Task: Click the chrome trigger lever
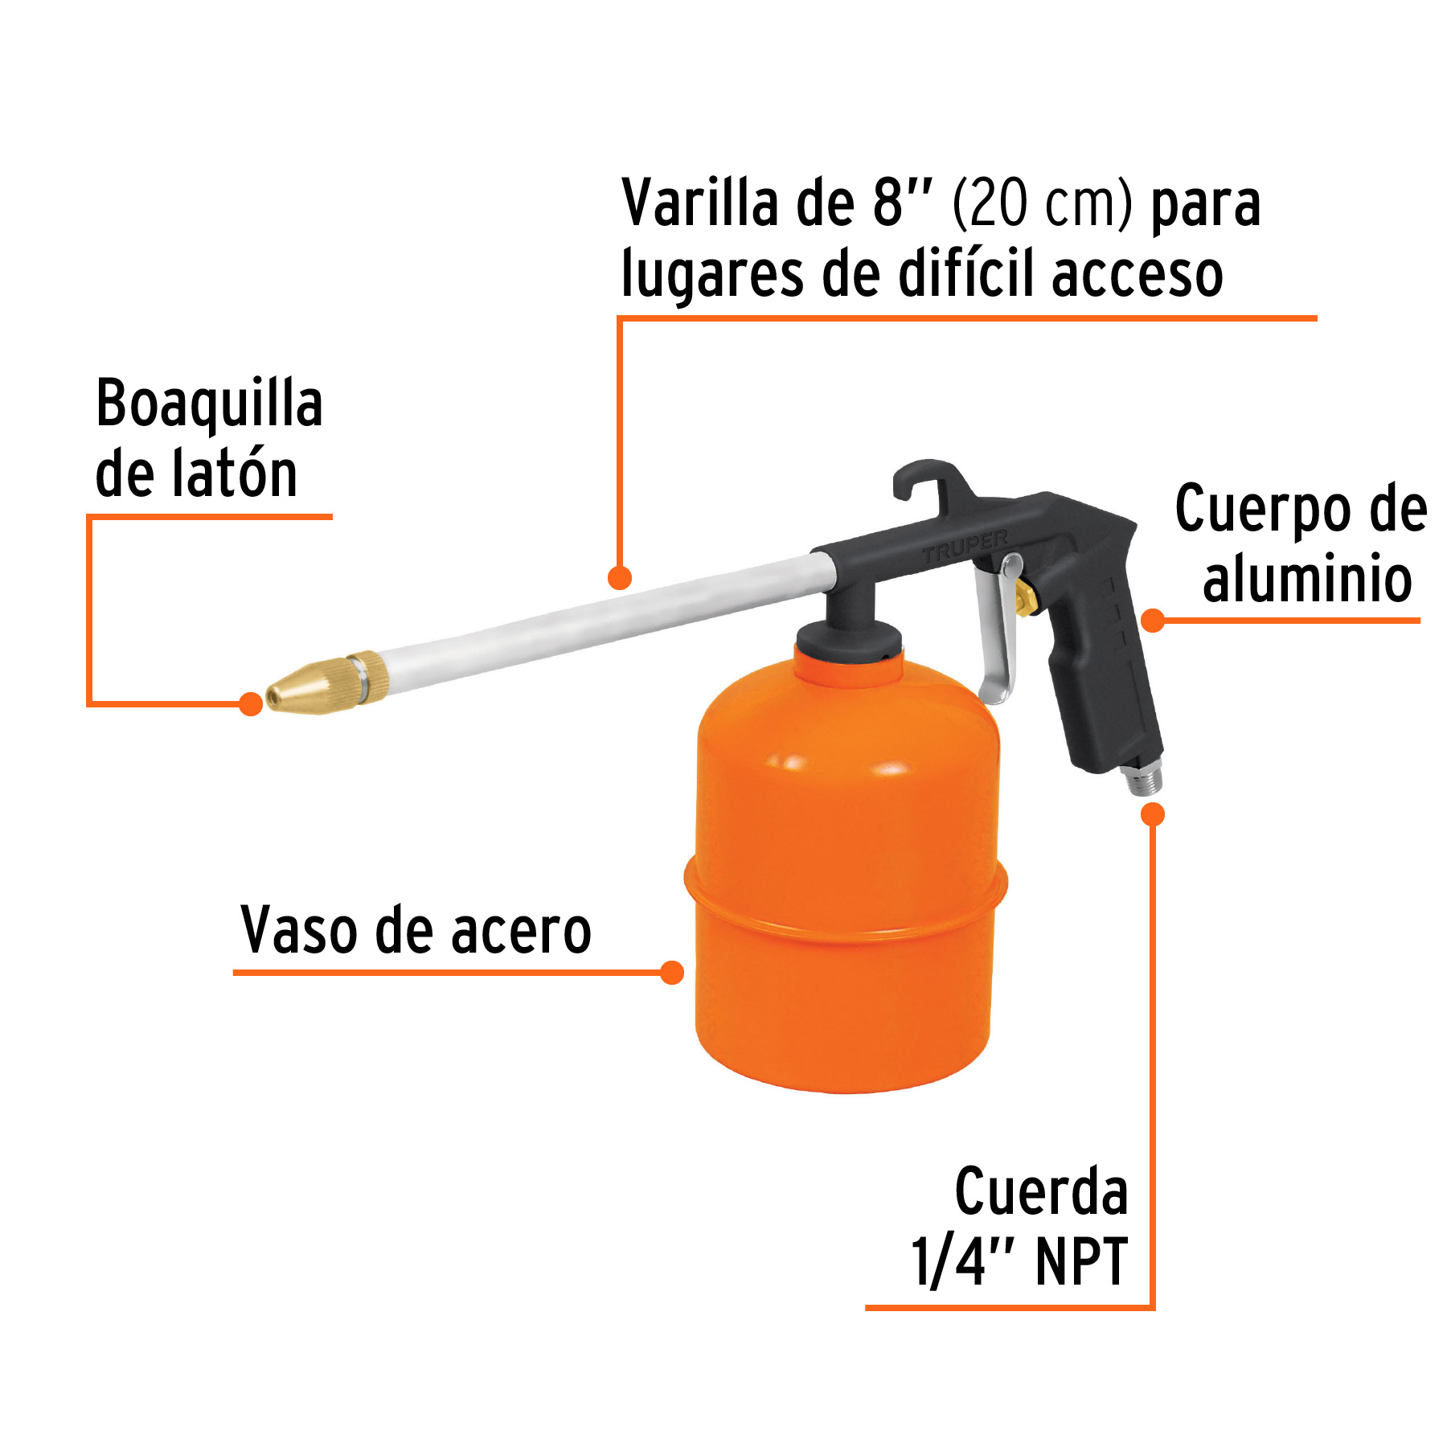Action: (998, 635)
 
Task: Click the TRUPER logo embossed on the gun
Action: (965, 547)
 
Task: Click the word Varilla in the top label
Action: (699, 203)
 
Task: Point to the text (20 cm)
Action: (1042, 203)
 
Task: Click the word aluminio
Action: (1306, 579)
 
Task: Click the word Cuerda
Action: (1041, 1191)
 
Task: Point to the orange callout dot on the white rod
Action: (620, 577)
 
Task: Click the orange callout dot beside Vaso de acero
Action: (671, 973)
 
